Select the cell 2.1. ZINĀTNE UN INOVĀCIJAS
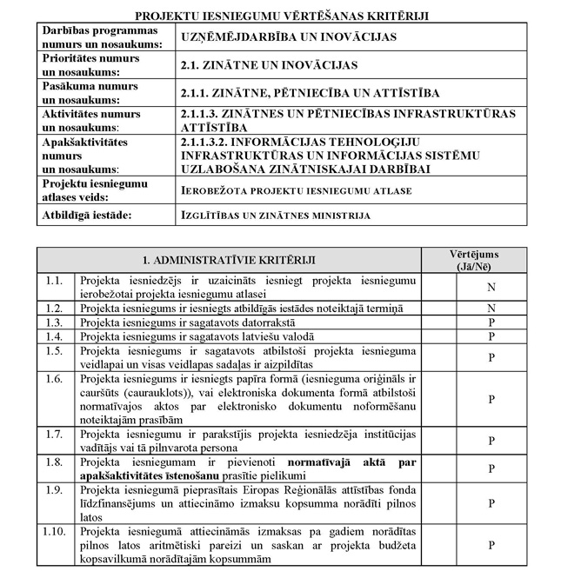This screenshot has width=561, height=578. tap(257, 64)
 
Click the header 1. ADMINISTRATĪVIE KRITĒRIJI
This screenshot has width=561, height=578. tap(229, 259)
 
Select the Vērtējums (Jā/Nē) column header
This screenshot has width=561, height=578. tap(473, 259)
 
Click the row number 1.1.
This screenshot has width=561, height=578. tap(55, 280)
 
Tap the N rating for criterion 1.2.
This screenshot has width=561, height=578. tap(491, 308)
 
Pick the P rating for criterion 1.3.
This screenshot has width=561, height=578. tap(491, 322)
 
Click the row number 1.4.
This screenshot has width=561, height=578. tap(55, 336)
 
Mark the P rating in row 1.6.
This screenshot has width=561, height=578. tap(491, 399)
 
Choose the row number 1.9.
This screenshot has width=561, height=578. tap(55, 489)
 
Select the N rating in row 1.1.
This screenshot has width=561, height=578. tap(491, 286)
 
